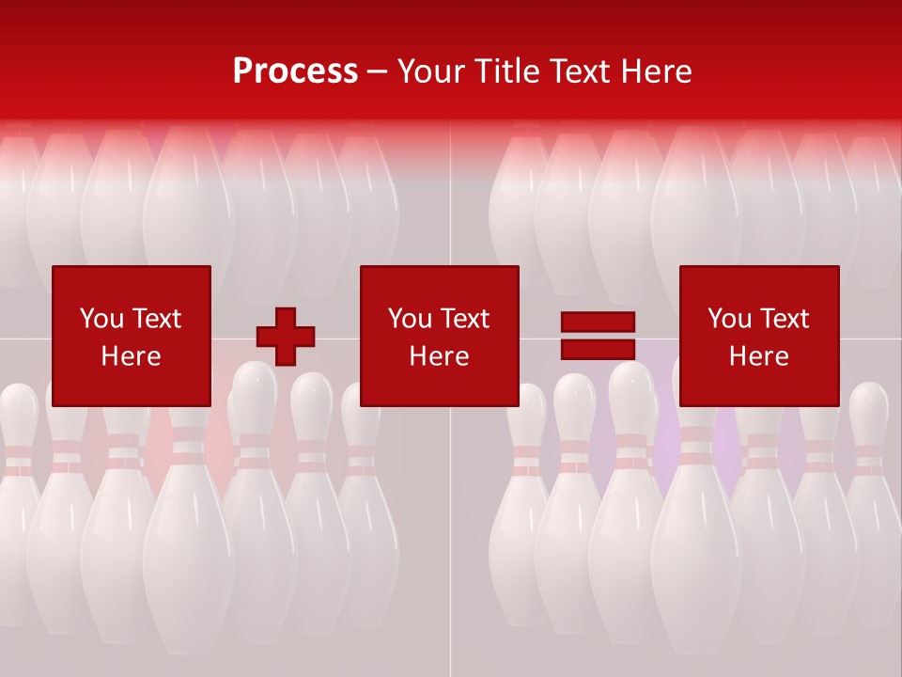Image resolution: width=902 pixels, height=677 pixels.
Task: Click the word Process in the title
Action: [x=295, y=71]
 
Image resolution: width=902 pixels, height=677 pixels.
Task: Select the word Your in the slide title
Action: [x=430, y=71]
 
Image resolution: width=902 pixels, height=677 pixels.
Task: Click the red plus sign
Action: [x=286, y=337]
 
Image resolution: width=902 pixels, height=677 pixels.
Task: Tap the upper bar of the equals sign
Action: [x=598, y=322]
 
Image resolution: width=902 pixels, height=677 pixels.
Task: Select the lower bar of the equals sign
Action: [x=598, y=349]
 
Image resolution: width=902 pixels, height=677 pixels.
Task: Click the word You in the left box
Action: [x=101, y=319]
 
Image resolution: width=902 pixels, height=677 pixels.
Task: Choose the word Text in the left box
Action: [x=155, y=319]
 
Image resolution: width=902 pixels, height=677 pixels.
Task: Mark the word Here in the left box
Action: [x=131, y=356]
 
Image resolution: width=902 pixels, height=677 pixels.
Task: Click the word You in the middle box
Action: [x=410, y=319]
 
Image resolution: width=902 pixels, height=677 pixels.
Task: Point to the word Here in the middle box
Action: [x=439, y=356]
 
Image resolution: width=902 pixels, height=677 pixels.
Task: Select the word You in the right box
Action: [x=729, y=319]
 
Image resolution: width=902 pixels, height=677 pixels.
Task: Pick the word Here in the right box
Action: [x=758, y=356]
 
